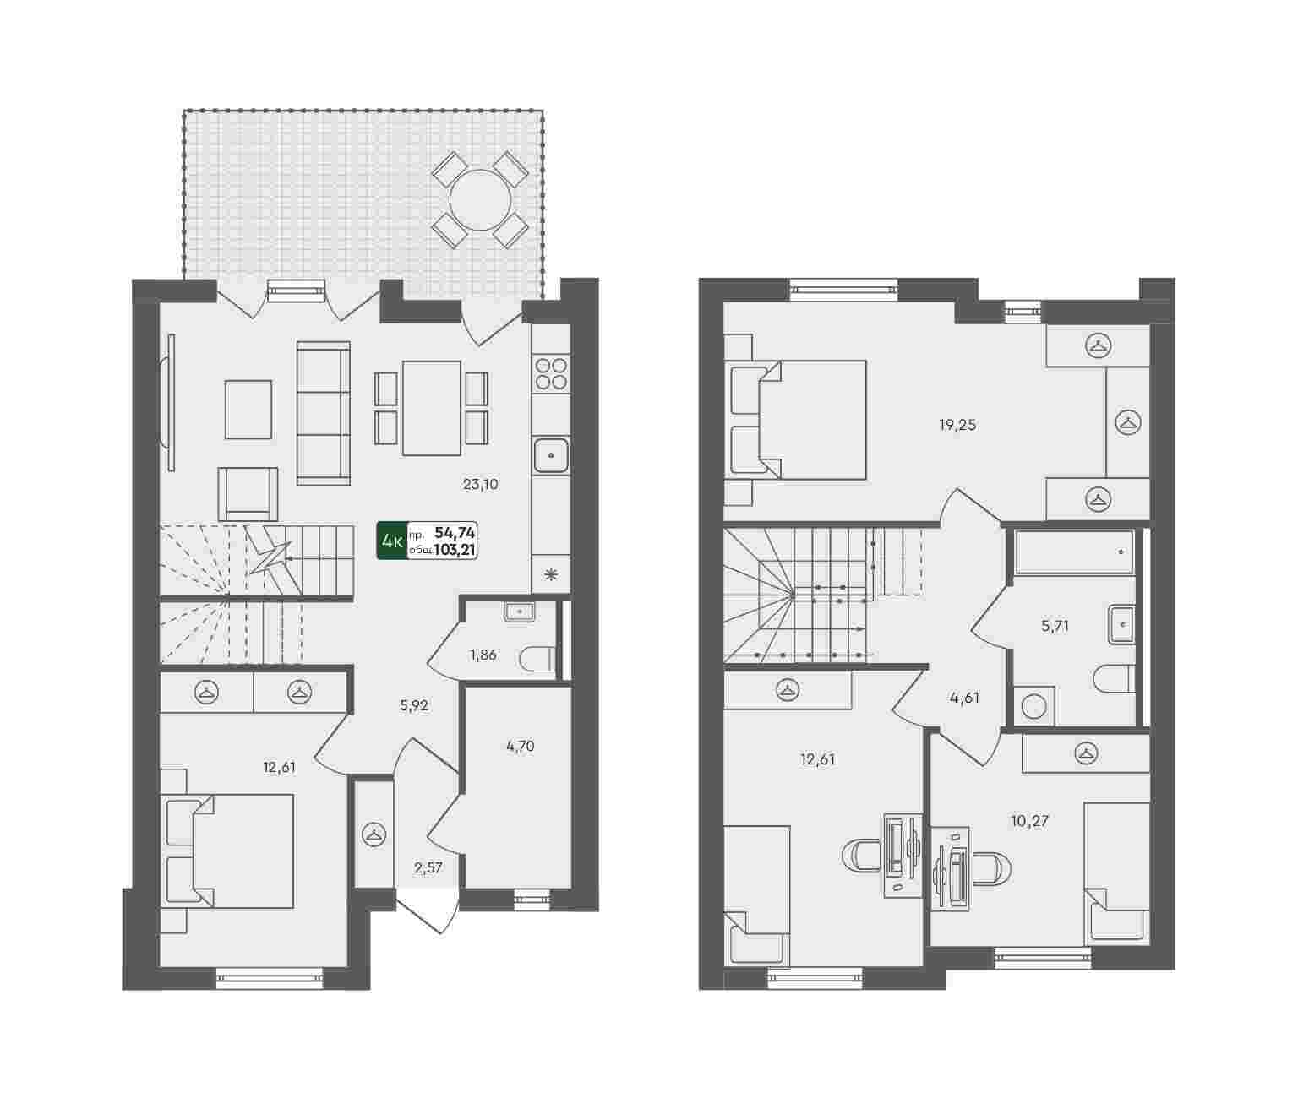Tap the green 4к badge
tap(392, 541)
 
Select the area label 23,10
tap(480, 484)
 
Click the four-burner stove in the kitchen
tap(551, 374)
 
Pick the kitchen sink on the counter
tap(551, 455)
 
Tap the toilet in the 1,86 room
tap(537, 659)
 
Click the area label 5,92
tap(414, 705)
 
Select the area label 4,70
tap(520, 746)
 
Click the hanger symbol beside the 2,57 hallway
tap(374, 835)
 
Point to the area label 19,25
tap(957, 425)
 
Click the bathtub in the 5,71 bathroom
tap(1074, 552)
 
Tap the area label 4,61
tap(964, 698)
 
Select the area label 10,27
tap(1030, 820)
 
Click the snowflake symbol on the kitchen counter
tap(551, 573)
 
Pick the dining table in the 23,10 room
tap(432, 407)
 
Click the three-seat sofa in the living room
tap(324, 413)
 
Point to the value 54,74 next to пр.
tap(455, 533)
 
